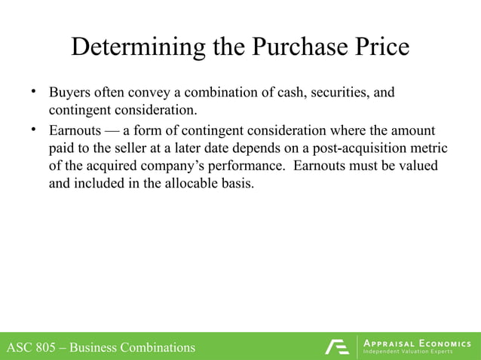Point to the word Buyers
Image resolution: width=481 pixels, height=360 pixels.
click(70, 94)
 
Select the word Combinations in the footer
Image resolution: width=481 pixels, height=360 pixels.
click(155, 347)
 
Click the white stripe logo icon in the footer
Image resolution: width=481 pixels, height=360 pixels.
click(337, 346)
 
